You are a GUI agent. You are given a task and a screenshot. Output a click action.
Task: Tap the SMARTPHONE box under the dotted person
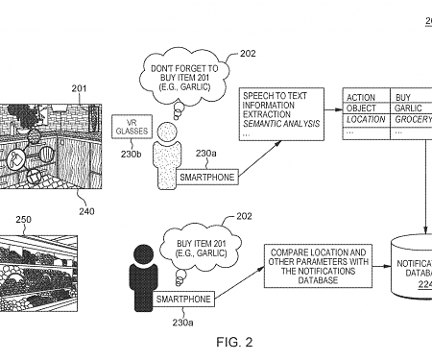coord(205,177)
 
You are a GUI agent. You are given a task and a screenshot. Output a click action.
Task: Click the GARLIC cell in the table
coord(411,108)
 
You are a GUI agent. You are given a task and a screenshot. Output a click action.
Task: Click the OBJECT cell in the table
coord(366,108)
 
